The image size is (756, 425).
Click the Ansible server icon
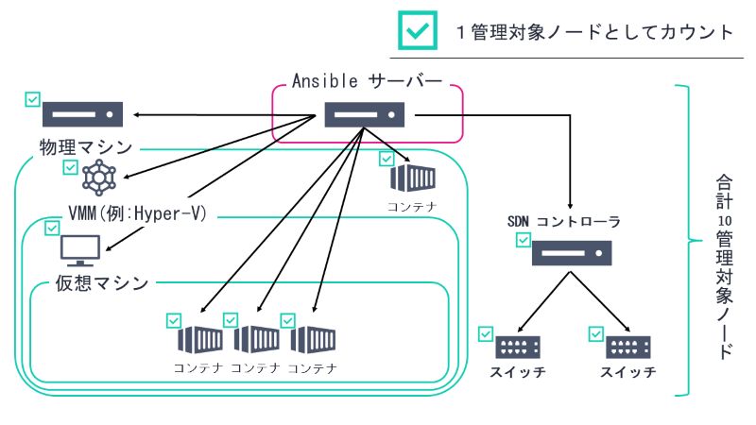[x=366, y=115]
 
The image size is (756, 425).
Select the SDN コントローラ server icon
[x=571, y=252]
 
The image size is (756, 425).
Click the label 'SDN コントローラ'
[x=564, y=221]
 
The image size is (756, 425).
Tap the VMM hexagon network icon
[x=97, y=177]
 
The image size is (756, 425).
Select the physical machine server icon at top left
[x=82, y=114]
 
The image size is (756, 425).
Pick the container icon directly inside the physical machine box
[x=413, y=178]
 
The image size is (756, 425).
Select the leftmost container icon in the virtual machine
[x=199, y=338]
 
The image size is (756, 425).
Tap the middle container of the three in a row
[x=256, y=338]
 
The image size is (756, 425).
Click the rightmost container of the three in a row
[x=313, y=338]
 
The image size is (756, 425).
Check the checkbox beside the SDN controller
[x=523, y=241]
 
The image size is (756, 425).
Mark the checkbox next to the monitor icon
[x=52, y=228]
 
